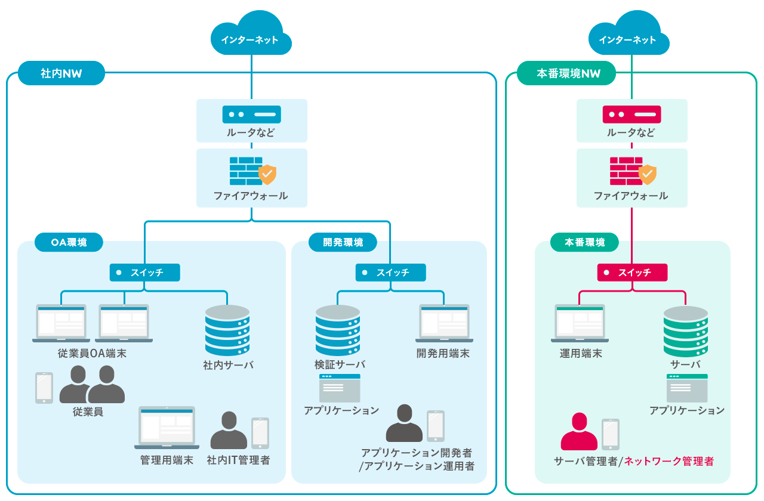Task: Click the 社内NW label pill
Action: pyautogui.click(x=61, y=73)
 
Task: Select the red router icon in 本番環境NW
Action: pyautogui.click(x=631, y=114)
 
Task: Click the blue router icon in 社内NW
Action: pyautogui.click(x=251, y=114)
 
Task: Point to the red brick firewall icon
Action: pyautogui.click(x=626, y=171)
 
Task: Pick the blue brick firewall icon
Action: pyautogui.click(x=246, y=171)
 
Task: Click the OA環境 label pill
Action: pyautogui.click(x=69, y=242)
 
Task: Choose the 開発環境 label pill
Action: pyautogui.click(x=343, y=242)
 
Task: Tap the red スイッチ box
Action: pyautogui.click(x=632, y=273)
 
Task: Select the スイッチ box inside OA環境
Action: pyautogui.click(x=144, y=273)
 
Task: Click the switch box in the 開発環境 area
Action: pyautogui.click(x=390, y=273)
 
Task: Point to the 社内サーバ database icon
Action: pyautogui.click(x=227, y=330)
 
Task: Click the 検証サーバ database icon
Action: pyautogui.click(x=338, y=330)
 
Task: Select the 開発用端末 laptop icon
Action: pyautogui.click(x=444, y=323)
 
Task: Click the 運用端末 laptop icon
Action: pyautogui.click(x=580, y=323)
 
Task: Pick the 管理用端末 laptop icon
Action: pyautogui.click(x=167, y=427)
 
